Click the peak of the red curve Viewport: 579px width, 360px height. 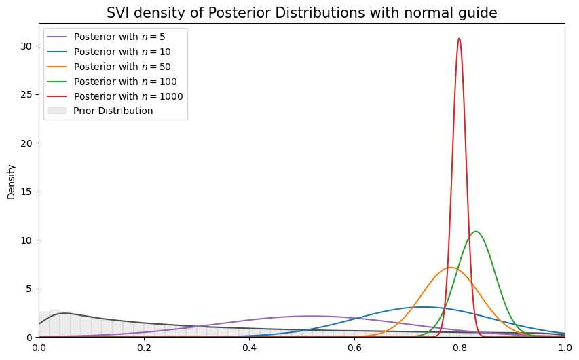460,38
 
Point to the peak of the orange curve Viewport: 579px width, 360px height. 451,268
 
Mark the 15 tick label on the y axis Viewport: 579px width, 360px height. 28,192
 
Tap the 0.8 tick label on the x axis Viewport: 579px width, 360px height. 460,346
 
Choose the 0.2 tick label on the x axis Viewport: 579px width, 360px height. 145,346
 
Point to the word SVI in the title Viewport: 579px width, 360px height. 118,13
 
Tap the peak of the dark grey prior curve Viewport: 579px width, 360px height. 62,313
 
